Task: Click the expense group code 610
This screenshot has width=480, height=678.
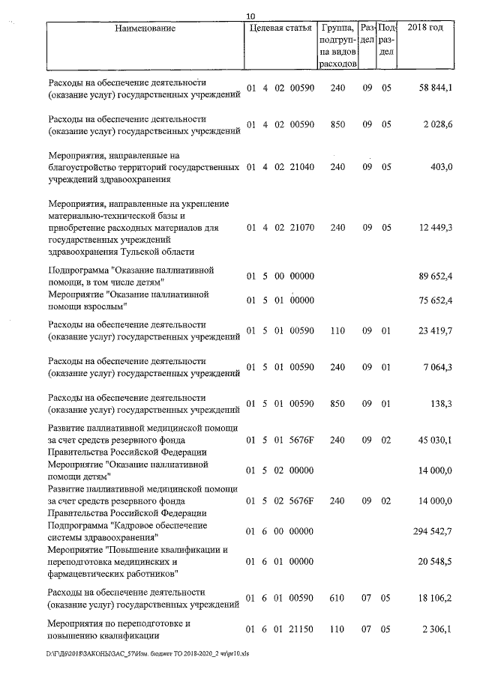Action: point(337,599)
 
